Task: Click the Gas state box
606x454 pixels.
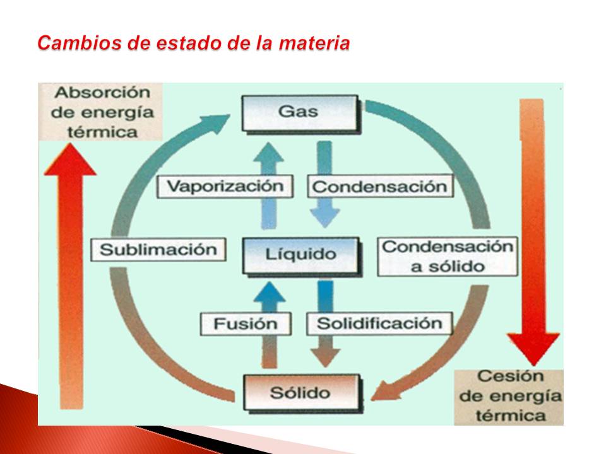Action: click(299, 112)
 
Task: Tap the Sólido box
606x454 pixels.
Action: click(300, 392)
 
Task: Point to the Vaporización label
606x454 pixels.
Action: click(226, 186)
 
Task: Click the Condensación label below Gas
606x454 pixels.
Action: click(379, 187)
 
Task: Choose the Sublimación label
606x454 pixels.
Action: click(158, 249)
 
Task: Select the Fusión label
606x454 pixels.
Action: click(246, 324)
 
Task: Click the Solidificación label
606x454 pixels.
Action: click(379, 323)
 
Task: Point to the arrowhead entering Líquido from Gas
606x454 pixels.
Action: click(324, 217)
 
